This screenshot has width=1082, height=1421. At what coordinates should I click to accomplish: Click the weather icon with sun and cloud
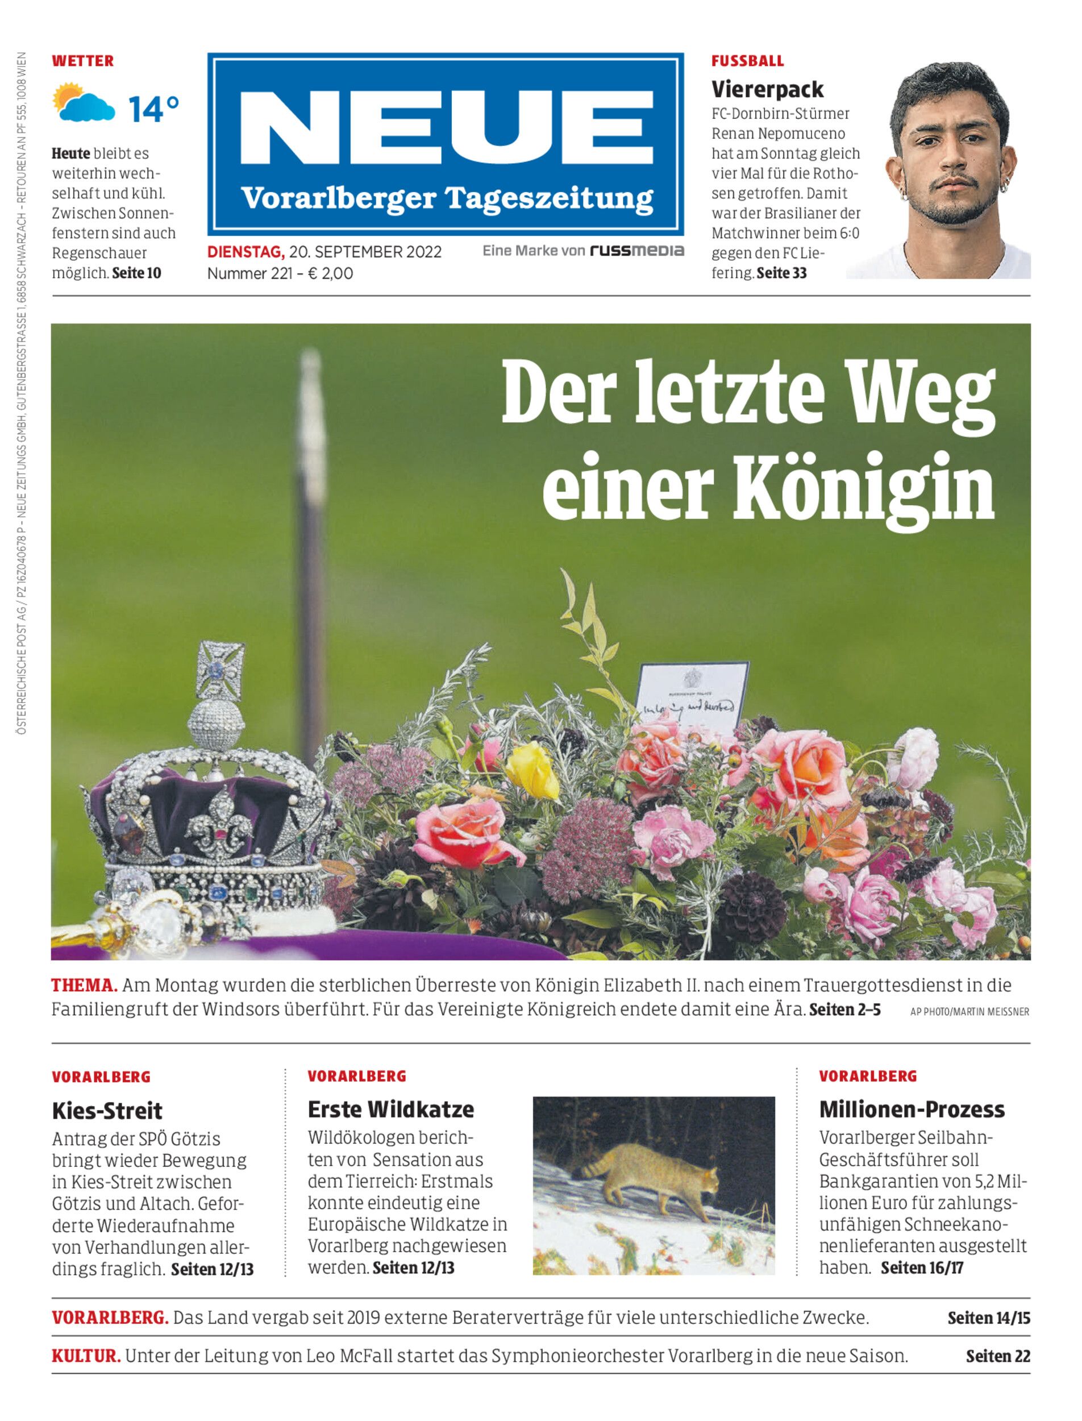tap(84, 103)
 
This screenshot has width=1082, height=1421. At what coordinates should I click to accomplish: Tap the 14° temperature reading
tap(153, 109)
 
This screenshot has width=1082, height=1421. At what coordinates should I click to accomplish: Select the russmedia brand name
tap(636, 251)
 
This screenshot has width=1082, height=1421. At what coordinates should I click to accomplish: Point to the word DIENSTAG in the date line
tap(245, 252)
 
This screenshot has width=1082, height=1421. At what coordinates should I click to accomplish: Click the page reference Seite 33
tap(781, 273)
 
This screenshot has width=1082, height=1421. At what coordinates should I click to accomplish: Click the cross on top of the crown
tap(221, 671)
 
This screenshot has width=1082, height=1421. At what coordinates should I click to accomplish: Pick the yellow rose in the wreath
tap(531, 770)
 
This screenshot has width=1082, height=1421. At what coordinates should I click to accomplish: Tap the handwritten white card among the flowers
tap(692, 696)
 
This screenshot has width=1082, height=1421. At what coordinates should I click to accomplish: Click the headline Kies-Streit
tap(107, 1111)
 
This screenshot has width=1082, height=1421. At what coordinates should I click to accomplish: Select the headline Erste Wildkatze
tap(390, 1110)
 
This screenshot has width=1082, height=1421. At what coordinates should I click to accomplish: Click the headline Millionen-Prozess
tap(912, 1110)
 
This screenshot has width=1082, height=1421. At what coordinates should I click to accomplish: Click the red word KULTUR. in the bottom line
tap(86, 1356)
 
